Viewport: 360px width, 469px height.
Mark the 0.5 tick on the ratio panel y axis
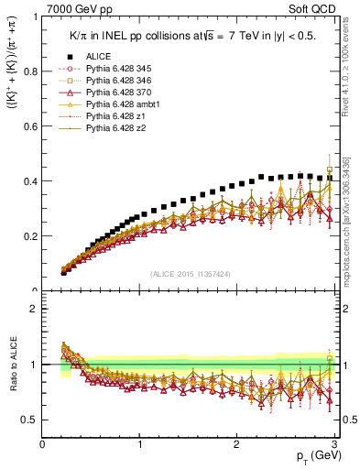(x=30, y=420)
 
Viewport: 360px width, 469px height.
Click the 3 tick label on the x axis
(x=335, y=444)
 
